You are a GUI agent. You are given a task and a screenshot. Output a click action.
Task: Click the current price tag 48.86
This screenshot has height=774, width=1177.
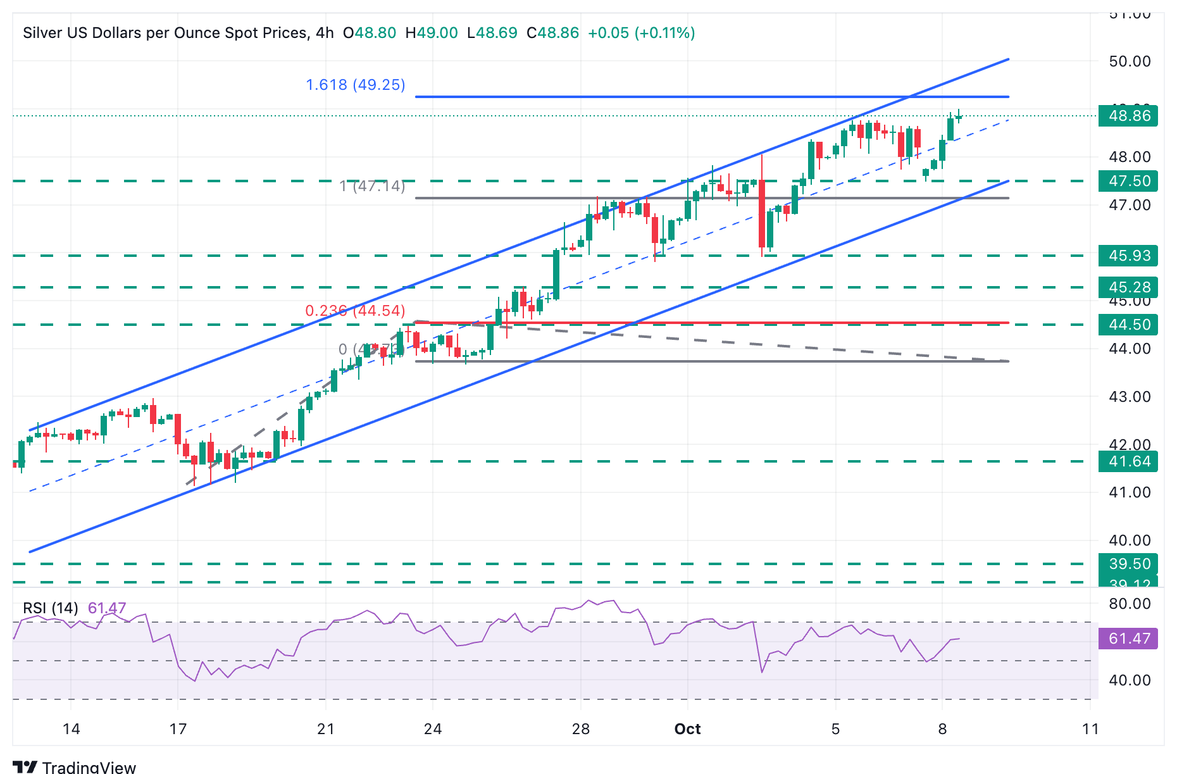pos(1128,116)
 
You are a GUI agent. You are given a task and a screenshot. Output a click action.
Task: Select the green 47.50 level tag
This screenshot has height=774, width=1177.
pos(1128,181)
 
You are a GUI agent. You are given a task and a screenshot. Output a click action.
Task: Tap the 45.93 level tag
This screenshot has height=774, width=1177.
pos(1128,256)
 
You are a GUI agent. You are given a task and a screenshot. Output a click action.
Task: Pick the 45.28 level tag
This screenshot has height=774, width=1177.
pos(1128,287)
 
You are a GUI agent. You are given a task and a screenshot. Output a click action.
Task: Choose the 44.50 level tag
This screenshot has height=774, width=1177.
pos(1128,325)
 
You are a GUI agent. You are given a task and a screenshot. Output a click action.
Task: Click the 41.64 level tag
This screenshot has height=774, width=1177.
pos(1128,461)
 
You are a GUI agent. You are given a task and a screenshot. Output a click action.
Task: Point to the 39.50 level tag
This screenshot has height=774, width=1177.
pos(1128,563)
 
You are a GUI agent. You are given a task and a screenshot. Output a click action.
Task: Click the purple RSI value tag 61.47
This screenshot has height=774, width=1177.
pos(1128,639)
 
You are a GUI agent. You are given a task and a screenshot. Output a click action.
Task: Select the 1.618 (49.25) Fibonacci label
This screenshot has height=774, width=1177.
pos(355,85)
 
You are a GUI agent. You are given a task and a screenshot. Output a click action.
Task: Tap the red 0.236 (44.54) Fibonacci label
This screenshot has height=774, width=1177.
pos(355,311)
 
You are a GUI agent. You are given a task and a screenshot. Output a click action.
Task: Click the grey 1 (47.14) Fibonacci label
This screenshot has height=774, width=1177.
pos(372,186)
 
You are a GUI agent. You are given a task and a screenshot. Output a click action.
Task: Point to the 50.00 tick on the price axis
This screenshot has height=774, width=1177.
pos(1130,61)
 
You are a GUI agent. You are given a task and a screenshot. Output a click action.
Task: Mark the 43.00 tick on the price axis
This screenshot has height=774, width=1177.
pos(1130,397)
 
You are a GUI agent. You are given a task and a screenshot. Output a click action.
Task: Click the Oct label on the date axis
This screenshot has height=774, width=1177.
pos(687,729)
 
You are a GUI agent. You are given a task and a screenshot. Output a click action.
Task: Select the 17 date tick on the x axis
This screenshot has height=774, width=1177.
pos(178,729)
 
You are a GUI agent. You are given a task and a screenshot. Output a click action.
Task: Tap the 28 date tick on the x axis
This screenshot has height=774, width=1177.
pos(581,729)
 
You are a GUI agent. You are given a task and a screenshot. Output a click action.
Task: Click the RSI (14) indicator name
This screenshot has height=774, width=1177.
pos(51,608)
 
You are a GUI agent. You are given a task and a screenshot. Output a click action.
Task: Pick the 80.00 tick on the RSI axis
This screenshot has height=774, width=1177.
pos(1130,604)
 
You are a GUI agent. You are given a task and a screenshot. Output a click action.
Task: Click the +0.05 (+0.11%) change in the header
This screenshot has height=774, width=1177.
pos(641,33)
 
